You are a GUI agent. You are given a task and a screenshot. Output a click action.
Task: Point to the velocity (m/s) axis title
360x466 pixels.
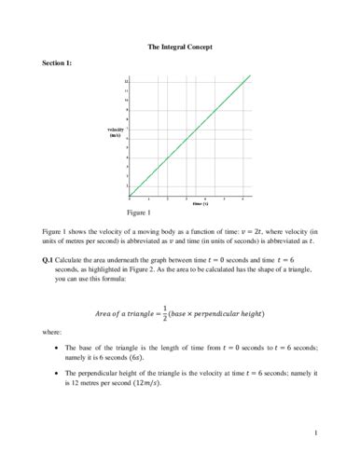point(116,132)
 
